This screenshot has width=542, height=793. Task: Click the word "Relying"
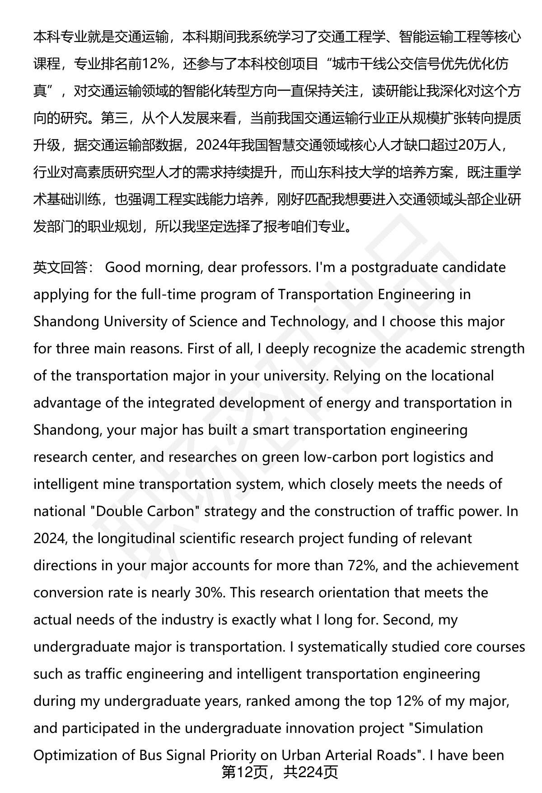[359, 375]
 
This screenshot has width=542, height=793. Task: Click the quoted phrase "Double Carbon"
[145, 511]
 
